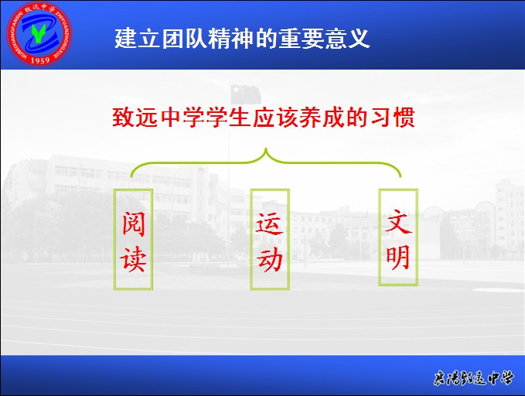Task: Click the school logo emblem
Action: [39, 33]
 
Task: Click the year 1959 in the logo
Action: [40, 60]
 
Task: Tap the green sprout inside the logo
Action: [39, 33]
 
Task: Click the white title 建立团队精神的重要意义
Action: [242, 39]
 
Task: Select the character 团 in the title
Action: [172, 39]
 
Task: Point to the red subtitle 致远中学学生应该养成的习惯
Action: [264, 118]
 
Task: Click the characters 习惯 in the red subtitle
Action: [393, 118]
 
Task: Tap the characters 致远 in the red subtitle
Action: [135, 118]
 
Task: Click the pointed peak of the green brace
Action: [266, 148]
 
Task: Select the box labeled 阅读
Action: [133, 239]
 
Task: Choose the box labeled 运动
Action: [270, 239]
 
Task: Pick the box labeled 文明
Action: [398, 237]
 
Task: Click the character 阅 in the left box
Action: [133, 224]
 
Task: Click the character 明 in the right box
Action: [397, 257]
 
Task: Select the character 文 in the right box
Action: [398, 221]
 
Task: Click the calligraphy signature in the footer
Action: [472, 378]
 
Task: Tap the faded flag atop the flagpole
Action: [246, 94]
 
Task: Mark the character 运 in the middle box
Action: [270, 224]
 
